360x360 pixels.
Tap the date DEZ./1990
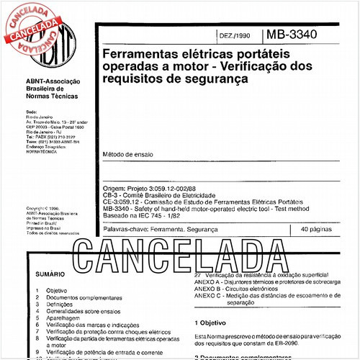click(x=233, y=35)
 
